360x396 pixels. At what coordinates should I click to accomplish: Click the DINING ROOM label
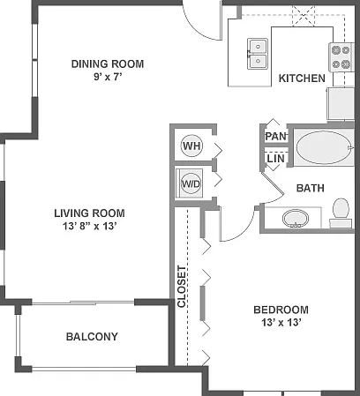coord(108,64)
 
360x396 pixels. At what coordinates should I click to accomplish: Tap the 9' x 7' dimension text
coord(108,77)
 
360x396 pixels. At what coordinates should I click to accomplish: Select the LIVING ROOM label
coord(89,213)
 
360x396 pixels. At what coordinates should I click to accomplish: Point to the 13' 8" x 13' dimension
coord(90,226)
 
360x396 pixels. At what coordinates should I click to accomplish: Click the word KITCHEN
coord(302,78)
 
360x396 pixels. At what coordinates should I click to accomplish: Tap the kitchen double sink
coord(258,54)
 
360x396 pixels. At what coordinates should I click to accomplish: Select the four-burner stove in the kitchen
coord(341,57)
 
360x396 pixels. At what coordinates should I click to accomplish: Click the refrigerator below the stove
coord(341,103)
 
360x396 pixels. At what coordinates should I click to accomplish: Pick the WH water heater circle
coord(191,146)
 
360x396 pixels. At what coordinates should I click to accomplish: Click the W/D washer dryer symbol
coord(191,183)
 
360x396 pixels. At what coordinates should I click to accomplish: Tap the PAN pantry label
coord(275,136)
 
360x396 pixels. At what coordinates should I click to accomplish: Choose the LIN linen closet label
coord(276,159)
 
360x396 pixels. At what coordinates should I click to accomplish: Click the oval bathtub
coord(324,147)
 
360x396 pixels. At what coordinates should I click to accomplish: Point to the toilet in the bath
coord(341,213)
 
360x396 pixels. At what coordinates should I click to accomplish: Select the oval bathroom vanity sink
coord(296,219)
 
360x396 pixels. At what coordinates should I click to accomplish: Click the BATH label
coord(311,188)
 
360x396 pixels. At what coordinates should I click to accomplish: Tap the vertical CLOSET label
coord(182,287)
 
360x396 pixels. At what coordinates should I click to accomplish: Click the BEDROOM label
coord(281,310)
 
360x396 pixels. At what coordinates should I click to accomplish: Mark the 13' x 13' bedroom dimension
coord(281,322)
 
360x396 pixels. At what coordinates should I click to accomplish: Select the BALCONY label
coord(92,336)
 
